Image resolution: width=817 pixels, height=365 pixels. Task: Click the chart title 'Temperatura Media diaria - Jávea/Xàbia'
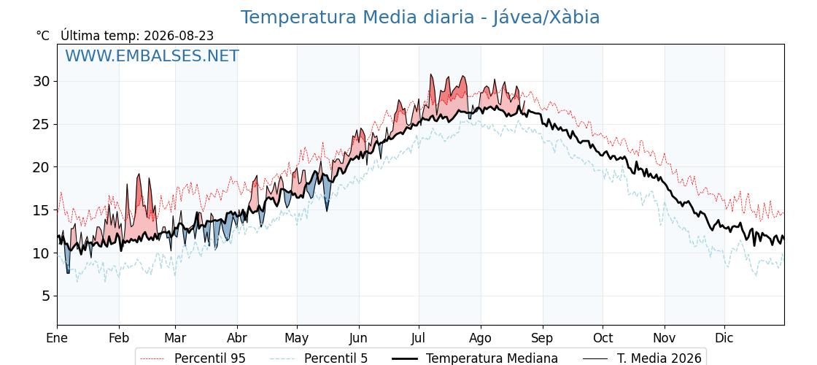coord(420,18)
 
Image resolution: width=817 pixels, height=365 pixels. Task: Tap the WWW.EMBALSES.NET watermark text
coord(152,55)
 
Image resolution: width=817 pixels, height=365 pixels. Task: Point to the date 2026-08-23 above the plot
coord(179,36)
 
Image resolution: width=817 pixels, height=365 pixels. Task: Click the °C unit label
coord(43,36)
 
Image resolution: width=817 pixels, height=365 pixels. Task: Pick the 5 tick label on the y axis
coord(47,296)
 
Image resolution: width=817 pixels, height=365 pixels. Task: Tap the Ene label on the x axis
coord(57,339)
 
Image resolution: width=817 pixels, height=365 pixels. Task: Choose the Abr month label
coord(237,339)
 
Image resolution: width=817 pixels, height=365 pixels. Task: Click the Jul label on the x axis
coord(419,339)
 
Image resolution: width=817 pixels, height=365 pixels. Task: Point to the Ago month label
coord(481,339)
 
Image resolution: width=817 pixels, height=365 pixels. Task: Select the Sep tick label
coord(543,339)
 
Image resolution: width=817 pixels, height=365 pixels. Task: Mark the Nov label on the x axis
coord(665,339)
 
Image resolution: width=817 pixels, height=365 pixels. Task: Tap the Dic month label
coord(724,339)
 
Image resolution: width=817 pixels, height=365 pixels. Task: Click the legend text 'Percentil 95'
coord(209,358)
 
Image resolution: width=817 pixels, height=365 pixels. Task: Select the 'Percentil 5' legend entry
coord(336,358)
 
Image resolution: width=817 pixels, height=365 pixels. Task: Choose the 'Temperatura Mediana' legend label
coord(492,358)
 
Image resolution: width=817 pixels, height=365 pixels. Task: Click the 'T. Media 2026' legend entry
coord(659,358)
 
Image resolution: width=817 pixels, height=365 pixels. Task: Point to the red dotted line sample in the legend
coord(153,358)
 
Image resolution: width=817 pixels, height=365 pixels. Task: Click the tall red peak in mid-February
coord(139,175)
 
